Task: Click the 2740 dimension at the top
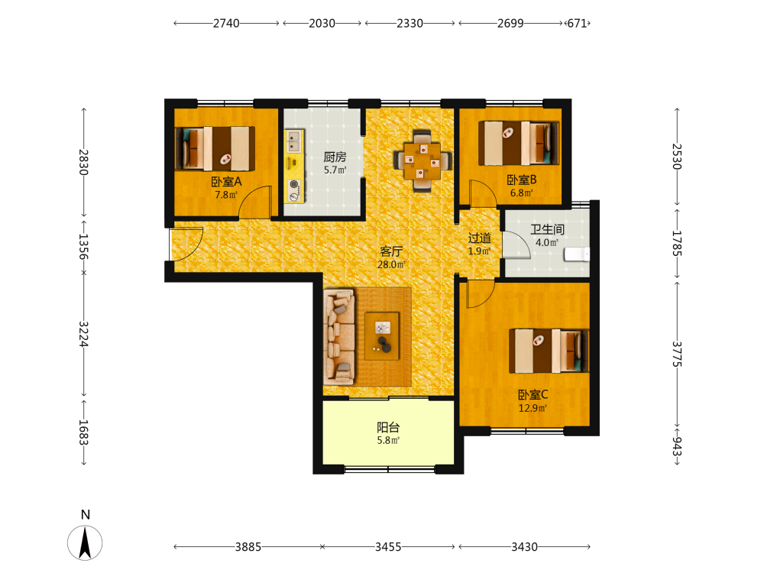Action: tap(226, 24)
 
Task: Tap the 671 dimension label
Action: tap(578, 24)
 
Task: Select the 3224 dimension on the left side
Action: tap(84, 334)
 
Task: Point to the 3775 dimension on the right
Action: tap(677, 354)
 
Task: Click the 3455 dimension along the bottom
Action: tap(388, 547)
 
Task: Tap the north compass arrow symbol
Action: tap(85, 542)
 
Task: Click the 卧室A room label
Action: tap(226, 182)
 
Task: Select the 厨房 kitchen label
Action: tap(335, 157)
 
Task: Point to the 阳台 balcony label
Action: tap(388, 427)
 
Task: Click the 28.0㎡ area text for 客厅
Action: tap(391, 264)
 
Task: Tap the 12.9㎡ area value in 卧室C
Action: tap(533, 408)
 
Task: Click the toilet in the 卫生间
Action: tap(577, 254)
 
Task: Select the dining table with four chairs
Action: tap(422, 160)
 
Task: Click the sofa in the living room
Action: tap(339, 337)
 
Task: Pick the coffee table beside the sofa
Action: tap(383, 336)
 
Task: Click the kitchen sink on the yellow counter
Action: tap(293, 141)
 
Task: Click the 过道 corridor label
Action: tap(480, 238)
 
